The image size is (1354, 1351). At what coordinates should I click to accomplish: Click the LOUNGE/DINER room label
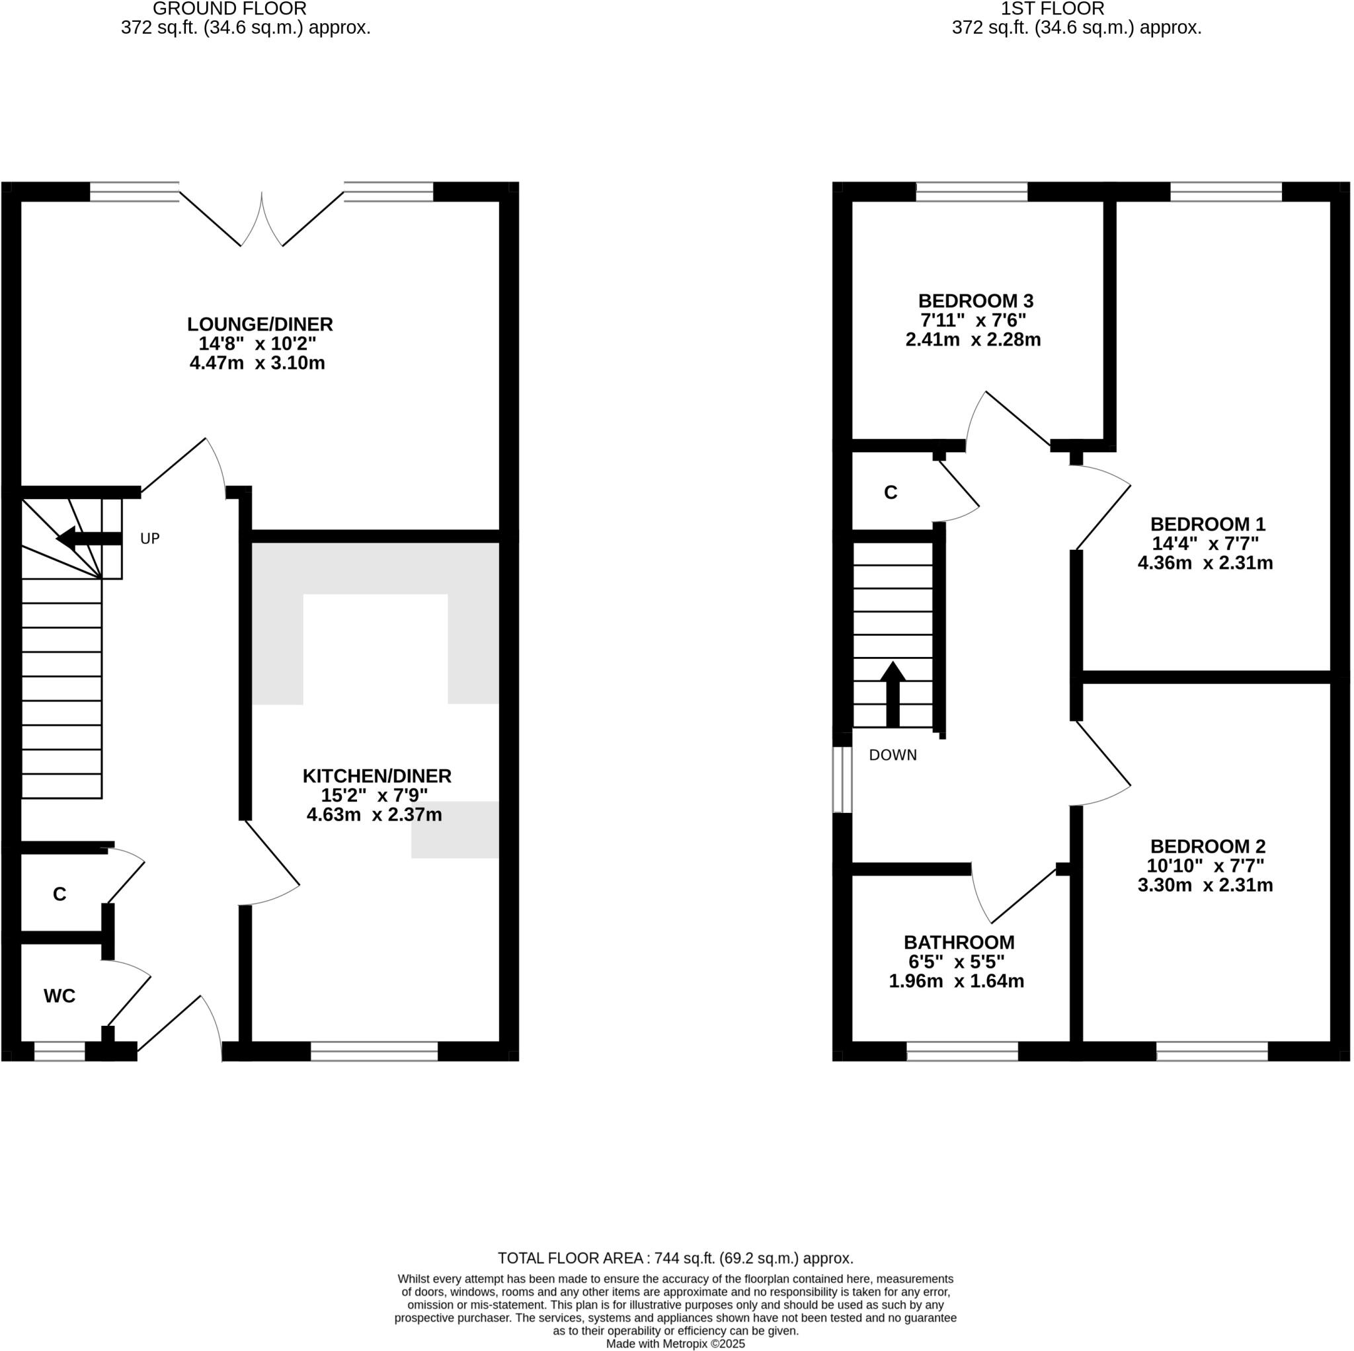[259, 325]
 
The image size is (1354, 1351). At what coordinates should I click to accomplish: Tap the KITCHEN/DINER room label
[376, 776]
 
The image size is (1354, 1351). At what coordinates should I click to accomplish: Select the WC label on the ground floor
[59, 995]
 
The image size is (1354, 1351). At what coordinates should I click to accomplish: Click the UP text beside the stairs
[150, 539]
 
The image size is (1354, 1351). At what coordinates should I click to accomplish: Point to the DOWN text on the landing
[892, 755]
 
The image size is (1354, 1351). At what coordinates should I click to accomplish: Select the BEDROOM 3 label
[975, 301]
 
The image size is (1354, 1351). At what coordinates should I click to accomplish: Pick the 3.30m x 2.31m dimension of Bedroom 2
[1205, 885]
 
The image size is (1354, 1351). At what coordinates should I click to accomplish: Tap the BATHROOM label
[958, 943]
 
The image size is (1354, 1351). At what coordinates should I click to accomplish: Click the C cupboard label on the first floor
[890, 493]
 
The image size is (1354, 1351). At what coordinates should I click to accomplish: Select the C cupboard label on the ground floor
[59, 894]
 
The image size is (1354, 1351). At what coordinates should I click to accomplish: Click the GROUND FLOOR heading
[229, 9]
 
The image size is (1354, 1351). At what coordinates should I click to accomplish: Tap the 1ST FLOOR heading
[1052, 9]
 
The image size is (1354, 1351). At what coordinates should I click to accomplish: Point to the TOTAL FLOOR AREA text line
[675, 1258]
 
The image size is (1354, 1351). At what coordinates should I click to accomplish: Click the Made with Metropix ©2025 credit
[675, 1344]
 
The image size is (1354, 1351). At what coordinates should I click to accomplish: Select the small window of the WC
[60, 1051]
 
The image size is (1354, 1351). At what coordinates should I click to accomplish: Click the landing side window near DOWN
[842, 780]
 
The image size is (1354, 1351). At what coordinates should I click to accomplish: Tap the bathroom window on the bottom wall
[961, 1051]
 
